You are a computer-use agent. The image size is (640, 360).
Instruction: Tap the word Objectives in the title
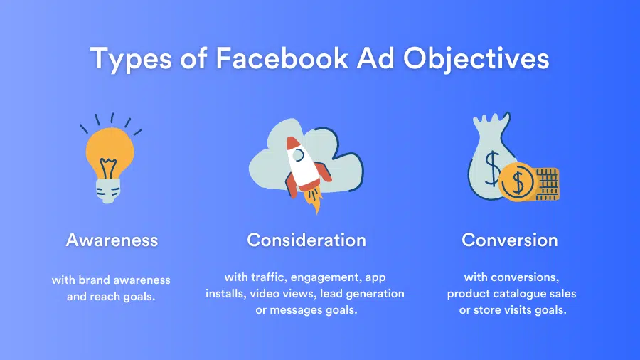[476, 59]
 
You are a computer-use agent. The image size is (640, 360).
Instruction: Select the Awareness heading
[112, 240]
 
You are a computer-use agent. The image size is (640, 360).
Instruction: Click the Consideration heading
[306, 240]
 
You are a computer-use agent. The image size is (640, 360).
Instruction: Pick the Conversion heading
[509, 240]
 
